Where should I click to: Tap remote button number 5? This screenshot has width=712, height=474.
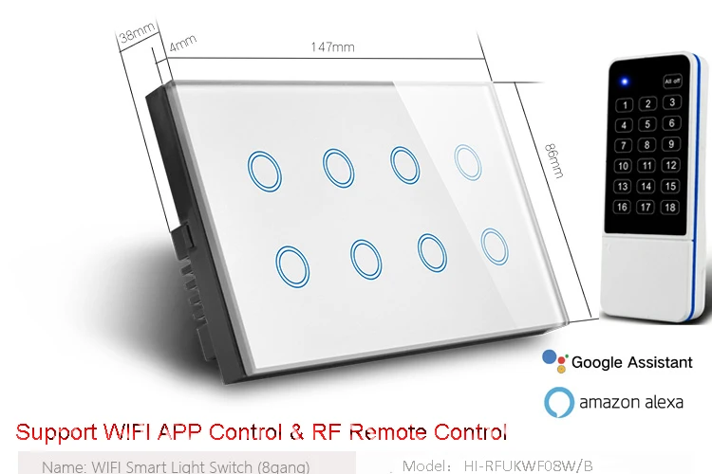click(647, 123)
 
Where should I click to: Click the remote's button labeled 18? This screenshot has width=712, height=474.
click(671, 207)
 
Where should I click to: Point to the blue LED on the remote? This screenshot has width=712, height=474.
click(624, 81)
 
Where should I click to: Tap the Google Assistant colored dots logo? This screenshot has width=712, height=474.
click(553, 359)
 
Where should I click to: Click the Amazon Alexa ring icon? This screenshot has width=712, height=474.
click(560, 401)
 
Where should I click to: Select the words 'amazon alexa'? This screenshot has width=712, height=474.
click(632, 402)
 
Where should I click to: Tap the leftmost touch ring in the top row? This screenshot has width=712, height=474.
click(261, 169)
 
